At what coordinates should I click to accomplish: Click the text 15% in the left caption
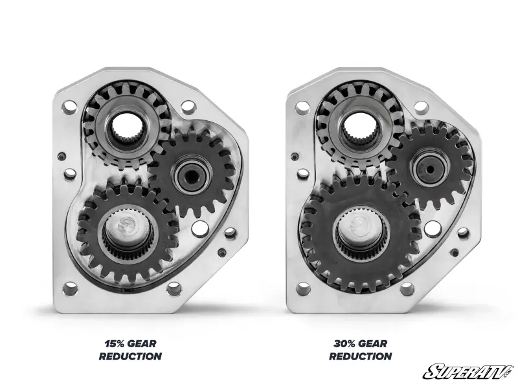click(115, 344)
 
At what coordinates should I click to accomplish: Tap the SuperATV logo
click(469, 372)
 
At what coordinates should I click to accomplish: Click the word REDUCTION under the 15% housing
click(131, 356)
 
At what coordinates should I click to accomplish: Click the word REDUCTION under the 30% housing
click(361, 356)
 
